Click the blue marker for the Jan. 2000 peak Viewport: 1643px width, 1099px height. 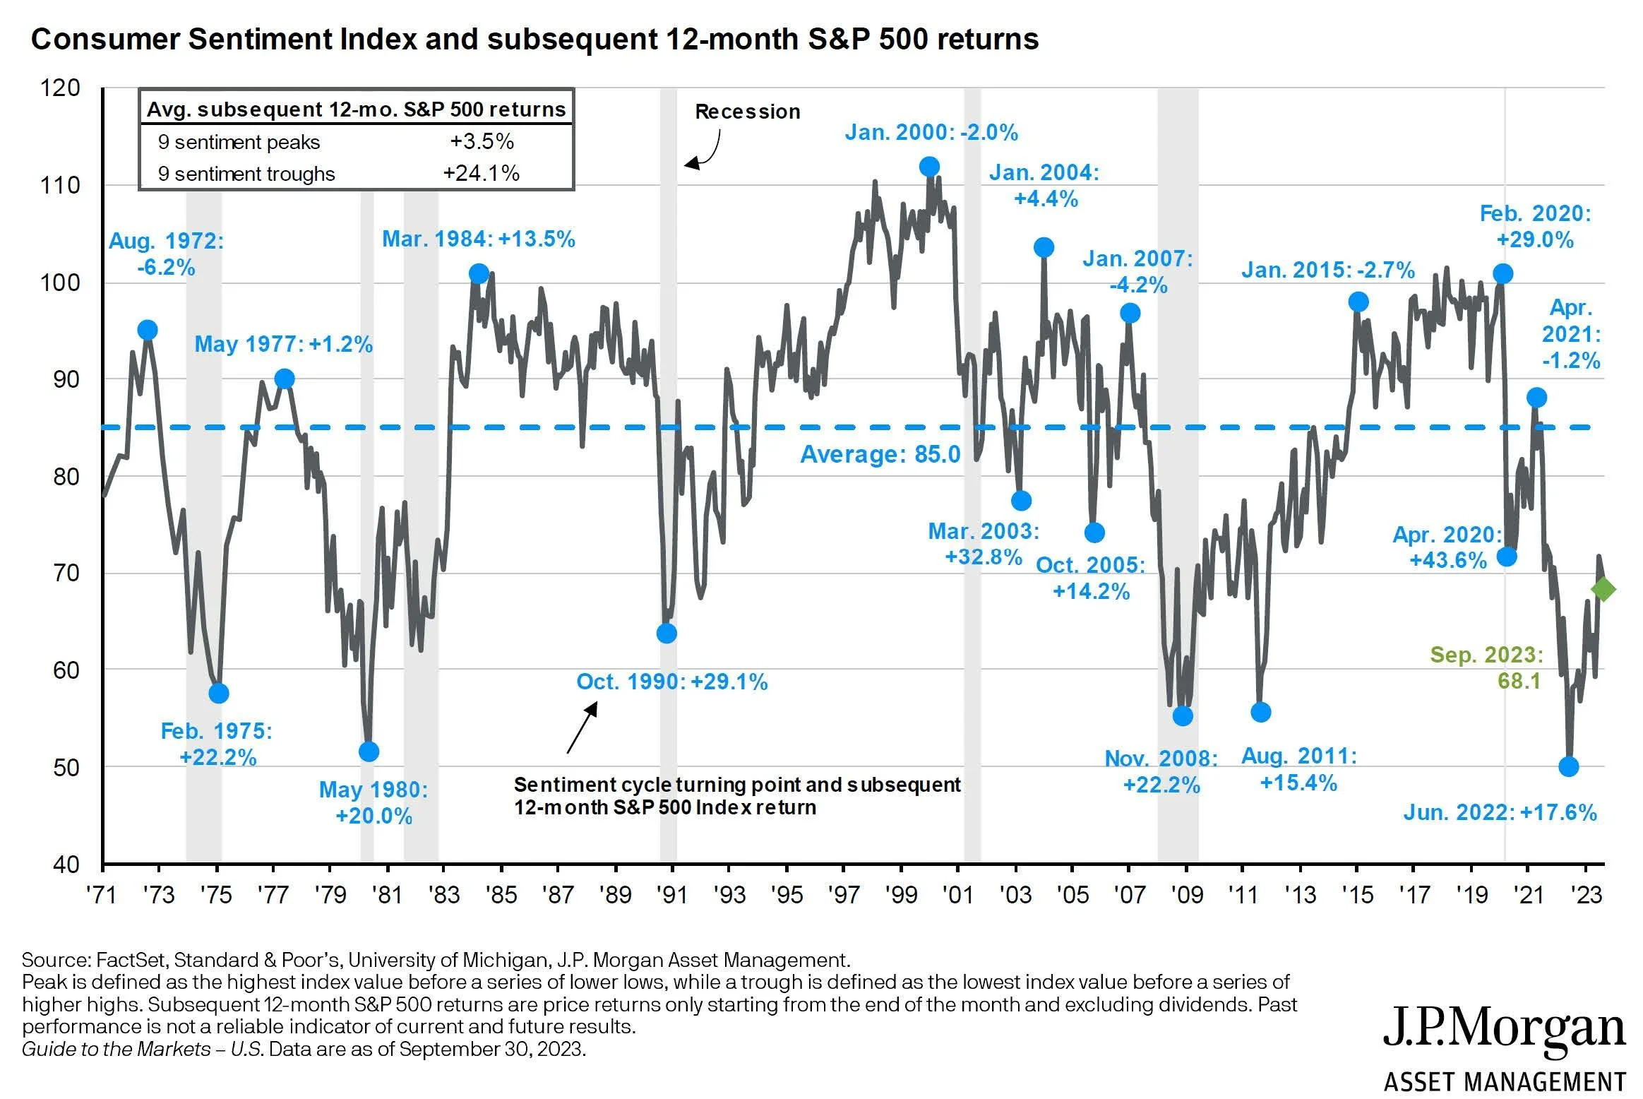(929, 167)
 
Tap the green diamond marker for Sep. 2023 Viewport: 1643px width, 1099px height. (1603, 589)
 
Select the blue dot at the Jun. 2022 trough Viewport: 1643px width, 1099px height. (1568, 766)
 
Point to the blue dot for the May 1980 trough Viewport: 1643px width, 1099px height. (369, 752)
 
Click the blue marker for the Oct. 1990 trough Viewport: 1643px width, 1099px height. (667, 634)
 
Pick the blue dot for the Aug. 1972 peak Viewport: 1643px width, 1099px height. (147, 330)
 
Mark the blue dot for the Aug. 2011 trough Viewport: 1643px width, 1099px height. (1260, 713)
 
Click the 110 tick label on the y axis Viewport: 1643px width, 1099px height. (60, 186)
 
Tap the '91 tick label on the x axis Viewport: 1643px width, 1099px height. (671, 895)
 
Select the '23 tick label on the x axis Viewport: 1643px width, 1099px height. (1586, 895)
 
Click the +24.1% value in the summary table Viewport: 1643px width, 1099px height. (481, 173)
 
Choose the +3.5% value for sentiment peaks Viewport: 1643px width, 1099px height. (482, 141)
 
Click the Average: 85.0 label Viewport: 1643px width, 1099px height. (880, 454)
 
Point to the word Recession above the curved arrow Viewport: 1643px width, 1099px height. (747, 112)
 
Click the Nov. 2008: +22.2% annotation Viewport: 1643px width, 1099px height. (1161, 771)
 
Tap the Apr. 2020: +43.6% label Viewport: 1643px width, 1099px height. (1447, 547)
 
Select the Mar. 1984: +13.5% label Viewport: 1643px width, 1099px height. (479, 239)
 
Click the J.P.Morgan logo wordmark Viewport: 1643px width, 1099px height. (1504, 1030)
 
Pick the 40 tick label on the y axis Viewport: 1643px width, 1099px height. (66, 865)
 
